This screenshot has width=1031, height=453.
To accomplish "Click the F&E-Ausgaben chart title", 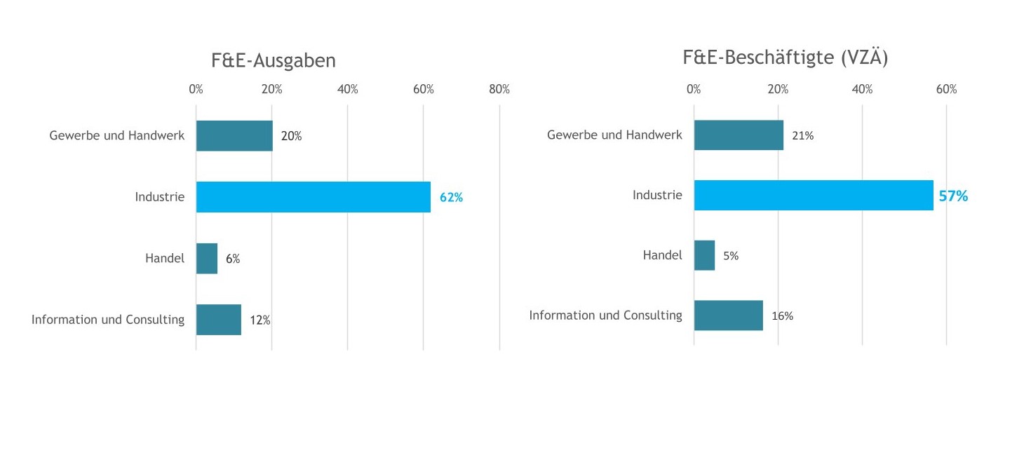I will click(x=273, y=61).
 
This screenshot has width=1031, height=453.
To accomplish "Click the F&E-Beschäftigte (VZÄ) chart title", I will click(x=785, y=58).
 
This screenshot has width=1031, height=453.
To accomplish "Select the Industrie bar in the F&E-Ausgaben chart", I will click(x=313, y=197).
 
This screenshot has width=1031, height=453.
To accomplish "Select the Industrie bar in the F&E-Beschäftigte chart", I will click(x=813, y=196).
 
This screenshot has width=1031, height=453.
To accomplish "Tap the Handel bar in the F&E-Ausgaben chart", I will click(x=207, y=258).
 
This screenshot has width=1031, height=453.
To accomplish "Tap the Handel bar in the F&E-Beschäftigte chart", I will click(x=704, y=255).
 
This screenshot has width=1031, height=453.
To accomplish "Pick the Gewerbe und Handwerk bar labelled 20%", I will click(x=234, y=136).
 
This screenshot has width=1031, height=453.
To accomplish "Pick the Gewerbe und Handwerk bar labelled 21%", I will click(x=739, y=135).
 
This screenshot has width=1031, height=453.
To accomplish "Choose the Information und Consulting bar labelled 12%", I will click(x=219, y=320).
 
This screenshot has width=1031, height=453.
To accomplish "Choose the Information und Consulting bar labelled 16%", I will click(x=728, y=316).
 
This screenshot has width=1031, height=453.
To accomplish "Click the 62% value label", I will click(x=451, y=198).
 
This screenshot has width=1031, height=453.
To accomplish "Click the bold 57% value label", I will click(x=953, y=196).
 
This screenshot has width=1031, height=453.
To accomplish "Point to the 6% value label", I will click(x=233, y=259).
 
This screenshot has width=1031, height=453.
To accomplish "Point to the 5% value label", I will click(x=731, y=256).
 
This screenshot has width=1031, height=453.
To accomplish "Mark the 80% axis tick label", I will click(x=499, y=90).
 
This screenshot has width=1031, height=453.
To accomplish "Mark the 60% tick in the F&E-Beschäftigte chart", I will click(x=946, y=90).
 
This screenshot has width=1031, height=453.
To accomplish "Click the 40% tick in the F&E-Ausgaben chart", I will click(x=347, y=90).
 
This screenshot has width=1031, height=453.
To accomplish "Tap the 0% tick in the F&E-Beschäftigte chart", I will click(x=694, y=90).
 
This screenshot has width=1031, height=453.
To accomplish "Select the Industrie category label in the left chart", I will click(x=160, y=197).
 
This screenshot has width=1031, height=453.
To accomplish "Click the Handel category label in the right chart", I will click(x=662, y=255).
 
